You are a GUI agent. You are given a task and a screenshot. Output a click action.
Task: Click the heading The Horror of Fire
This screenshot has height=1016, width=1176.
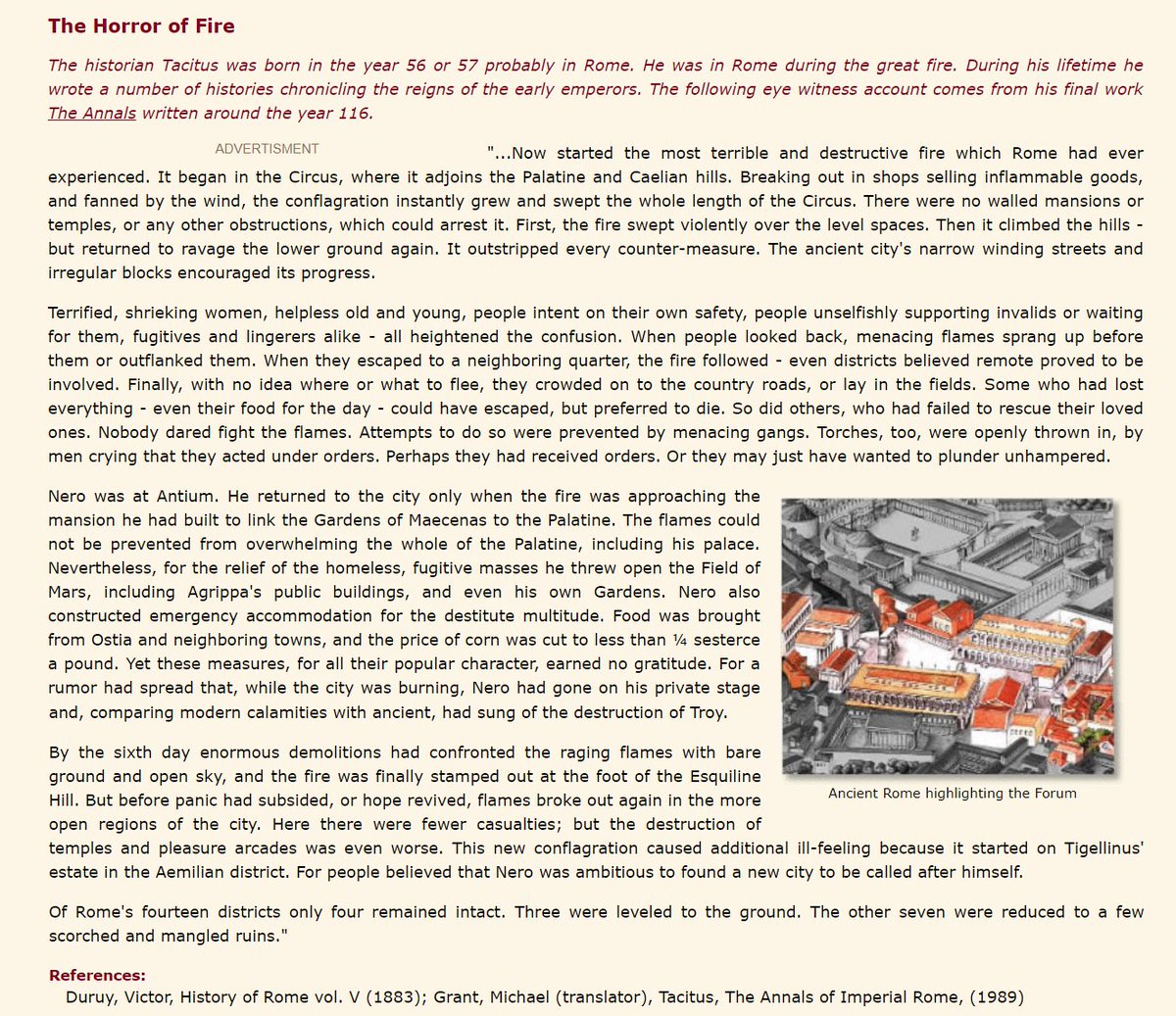(x=141, y=26)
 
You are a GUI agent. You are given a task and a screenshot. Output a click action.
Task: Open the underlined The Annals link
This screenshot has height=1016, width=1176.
(x=92, y=113)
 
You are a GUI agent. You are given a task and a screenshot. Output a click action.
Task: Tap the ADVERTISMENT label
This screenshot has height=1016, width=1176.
(x=267, y=149)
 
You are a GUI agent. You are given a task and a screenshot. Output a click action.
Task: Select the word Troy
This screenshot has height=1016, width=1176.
(x=707, y=712)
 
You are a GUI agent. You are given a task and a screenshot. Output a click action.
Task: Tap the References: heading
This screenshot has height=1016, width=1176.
(x=97, y=976)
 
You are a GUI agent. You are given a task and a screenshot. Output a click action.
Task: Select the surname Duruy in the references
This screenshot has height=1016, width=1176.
(x=90, y=997)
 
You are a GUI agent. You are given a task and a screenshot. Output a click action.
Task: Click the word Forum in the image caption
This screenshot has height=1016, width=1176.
(x=1053, y=794)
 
